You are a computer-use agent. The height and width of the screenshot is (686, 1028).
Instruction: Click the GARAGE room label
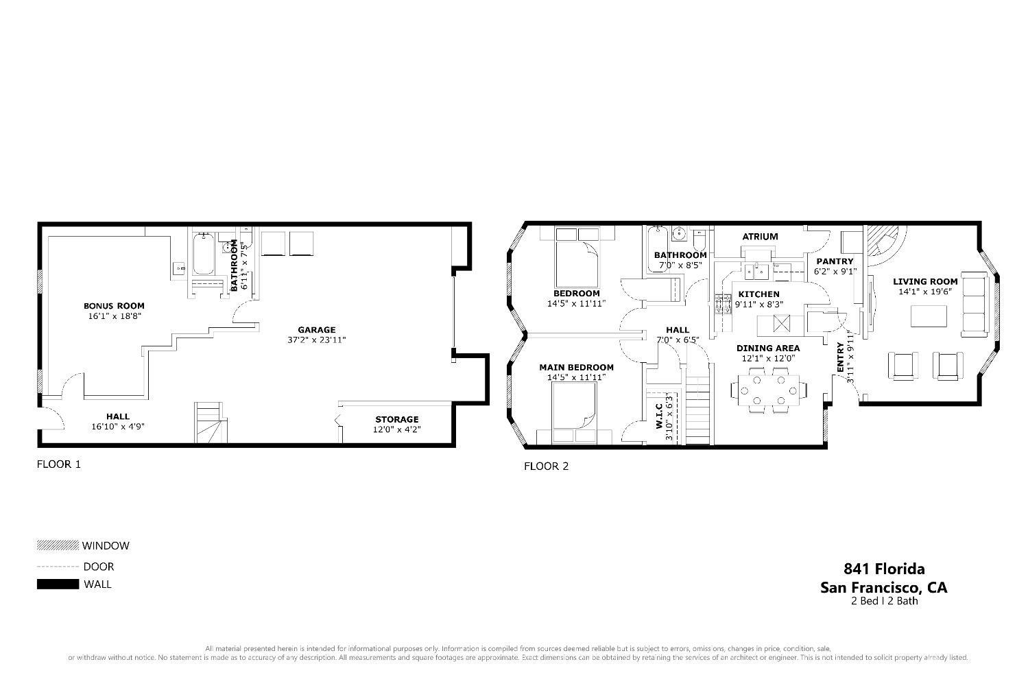[x=317, y=330]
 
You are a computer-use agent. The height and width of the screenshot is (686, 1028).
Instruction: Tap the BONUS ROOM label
[x=114, y=306]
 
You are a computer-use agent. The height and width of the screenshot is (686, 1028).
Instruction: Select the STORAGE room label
[x=397, y=419]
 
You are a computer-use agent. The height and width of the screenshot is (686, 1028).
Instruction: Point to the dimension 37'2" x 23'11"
[x=317, y=340]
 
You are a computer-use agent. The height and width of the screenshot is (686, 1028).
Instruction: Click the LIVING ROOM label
[x=925, y=281]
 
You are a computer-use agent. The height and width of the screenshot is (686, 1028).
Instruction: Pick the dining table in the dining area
[x=768, y=390]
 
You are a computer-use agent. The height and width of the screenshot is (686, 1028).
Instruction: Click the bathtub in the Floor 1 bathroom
[x=203, y=254]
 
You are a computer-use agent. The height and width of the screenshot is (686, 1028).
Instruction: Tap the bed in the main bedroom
[x=574, y=412]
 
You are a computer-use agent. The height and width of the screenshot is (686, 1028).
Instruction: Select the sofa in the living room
[x=975, y=304]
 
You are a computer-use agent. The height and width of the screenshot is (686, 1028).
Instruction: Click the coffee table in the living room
[x=929, y=316]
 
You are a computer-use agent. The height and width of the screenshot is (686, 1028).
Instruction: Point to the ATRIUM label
[x=760, y=237]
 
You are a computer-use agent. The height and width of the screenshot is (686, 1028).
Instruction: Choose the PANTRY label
[x=835, y=261]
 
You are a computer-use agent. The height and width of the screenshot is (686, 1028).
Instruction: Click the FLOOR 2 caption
[x=546, y=466]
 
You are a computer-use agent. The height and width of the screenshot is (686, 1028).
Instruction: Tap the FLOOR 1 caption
[x=59, y=464]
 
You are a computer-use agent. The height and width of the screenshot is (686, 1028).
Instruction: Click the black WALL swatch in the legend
[x=58, y=584]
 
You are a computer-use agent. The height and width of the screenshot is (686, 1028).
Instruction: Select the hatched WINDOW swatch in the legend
[x=58, y=545]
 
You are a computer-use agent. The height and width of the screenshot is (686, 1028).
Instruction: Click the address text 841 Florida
[x=884, y=569]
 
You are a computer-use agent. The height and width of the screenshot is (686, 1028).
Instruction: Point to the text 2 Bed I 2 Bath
[x=885, y=601]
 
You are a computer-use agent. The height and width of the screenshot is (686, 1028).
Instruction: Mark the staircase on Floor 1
[x=211, y=423]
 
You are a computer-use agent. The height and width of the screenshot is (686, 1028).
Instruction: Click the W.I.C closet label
[x=659, y=416]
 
